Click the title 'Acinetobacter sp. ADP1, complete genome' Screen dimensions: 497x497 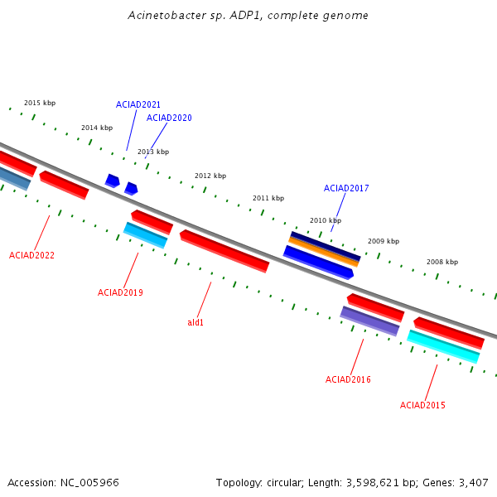point(248,15)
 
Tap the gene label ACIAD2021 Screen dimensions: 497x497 point(138,104)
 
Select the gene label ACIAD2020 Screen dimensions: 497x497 point(169,118)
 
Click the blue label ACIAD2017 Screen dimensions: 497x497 point(346,188)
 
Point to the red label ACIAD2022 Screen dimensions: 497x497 point(31,255)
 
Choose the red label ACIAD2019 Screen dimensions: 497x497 point(120,292)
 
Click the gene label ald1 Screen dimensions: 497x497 point(195,322)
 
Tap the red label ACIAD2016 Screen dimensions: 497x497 point(348,379)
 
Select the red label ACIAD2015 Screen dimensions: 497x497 point(422,405)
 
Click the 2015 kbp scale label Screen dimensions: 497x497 point(40,103)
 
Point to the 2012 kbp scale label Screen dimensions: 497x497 point(210,176)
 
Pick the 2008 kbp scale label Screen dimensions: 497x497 point(442,262)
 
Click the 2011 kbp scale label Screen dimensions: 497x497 point(268,198)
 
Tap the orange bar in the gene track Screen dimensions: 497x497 point(323,252)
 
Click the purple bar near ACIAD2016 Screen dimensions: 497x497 point(369,321)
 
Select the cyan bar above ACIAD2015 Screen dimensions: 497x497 point(443,346)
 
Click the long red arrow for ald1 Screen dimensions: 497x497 point(224,251)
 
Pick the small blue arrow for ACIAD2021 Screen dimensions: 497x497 point(113,181)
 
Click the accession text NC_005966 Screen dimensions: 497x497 point(89,483)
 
